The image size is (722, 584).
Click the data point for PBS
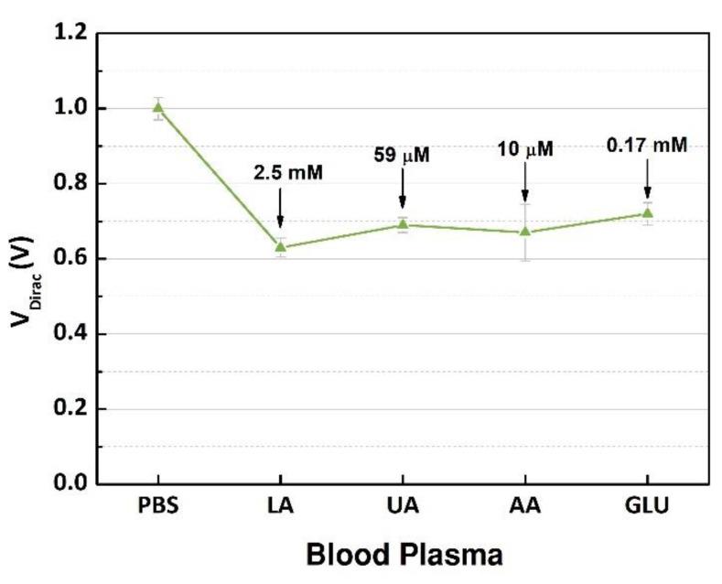point(158,107)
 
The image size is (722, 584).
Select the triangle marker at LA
point(280,247)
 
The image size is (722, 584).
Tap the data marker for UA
point(403,224)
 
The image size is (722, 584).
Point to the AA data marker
point(525,232)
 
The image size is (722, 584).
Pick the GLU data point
point(647,213)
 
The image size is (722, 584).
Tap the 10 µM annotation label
point(525,148)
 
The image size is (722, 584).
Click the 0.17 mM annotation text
point(647,144)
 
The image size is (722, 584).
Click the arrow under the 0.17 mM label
point(647,179)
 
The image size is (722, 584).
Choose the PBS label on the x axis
point(158,505)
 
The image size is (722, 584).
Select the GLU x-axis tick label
point(647,505)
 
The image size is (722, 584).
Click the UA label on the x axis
point(403,505)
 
